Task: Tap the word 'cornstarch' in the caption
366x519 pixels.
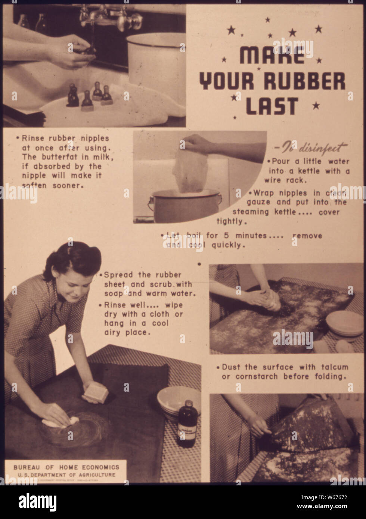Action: tap(256, 376)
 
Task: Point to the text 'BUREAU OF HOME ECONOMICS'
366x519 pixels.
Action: tap(66, 467)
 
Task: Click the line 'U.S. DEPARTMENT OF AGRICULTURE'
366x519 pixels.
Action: tap(66, 475)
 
